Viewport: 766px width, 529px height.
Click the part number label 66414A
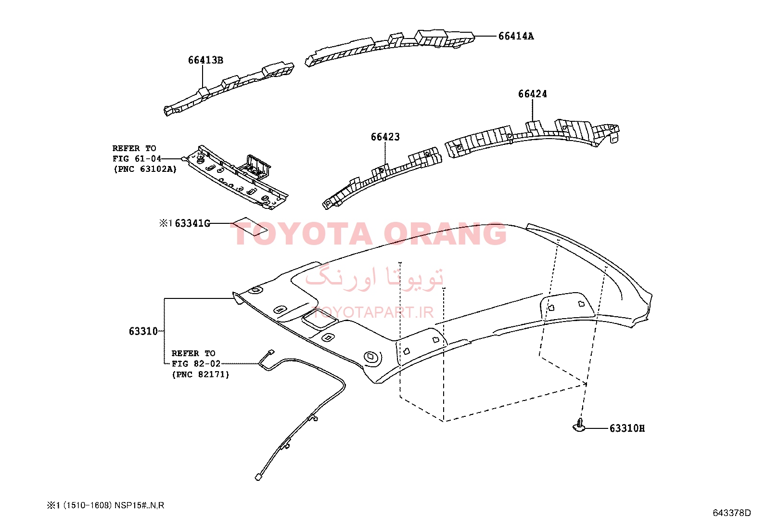[516, 36]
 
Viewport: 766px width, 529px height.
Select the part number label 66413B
[205, 60]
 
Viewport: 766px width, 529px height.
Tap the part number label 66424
[533, 94]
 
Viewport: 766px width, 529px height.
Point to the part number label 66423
[385, 137]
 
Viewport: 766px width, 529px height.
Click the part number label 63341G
[192, 223]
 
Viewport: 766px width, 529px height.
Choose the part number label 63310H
[627, 428]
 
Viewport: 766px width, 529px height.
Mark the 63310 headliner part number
[143, 331]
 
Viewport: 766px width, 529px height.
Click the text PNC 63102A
[145, 169]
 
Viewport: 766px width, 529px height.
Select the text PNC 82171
[200, 374]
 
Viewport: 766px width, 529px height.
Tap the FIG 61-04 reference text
[137, 159]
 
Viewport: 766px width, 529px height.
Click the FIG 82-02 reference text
[196, 364]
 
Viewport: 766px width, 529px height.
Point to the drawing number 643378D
[732, 513]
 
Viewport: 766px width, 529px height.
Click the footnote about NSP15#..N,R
[106, 505]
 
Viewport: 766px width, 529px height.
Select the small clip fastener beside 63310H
[579, 426]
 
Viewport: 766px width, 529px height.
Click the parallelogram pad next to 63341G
[250, 226]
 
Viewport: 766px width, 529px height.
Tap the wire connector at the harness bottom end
[258, 477]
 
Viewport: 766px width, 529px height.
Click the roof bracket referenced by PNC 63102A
[236, 177]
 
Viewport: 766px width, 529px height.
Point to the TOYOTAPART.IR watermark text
[373, 312]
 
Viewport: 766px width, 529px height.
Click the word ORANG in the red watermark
[445, 234]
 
